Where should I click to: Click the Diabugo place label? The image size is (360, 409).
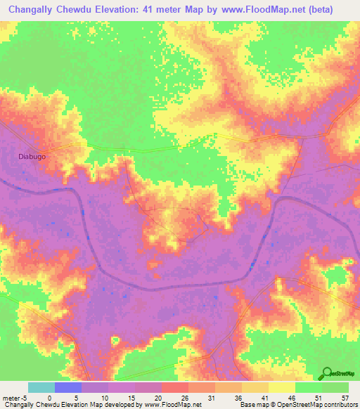point(32,157)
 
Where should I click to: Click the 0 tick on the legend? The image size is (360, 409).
point(49,397)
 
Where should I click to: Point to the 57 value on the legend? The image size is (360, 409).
point(345,397)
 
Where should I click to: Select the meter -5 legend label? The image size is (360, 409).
point(15,397)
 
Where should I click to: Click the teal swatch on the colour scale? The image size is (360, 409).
point(41,387)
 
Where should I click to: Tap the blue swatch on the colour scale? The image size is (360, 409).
point(68,387)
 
